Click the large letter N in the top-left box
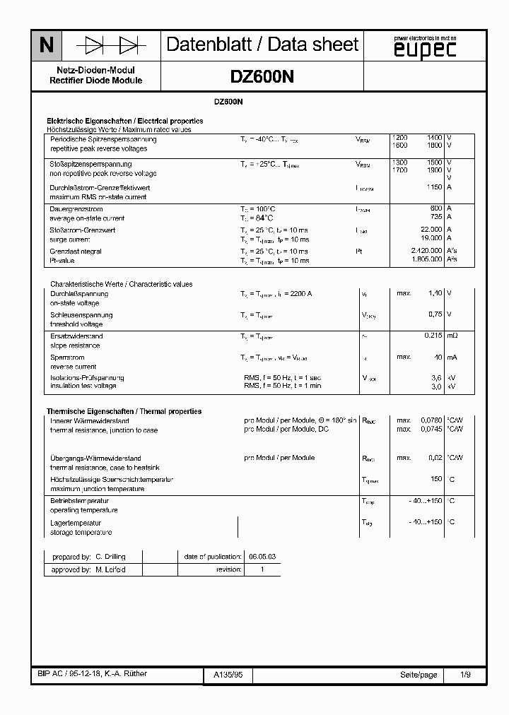pos(46,46)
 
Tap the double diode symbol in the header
pos(111,46)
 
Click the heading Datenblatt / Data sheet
pos(262,45)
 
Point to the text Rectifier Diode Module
pos(95,81)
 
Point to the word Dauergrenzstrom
pos(76,209)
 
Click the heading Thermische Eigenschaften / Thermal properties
pos(124,411)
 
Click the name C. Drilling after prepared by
pos(110,557)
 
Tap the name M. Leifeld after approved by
pos(110,569)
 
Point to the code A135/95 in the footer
pos(228,675)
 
